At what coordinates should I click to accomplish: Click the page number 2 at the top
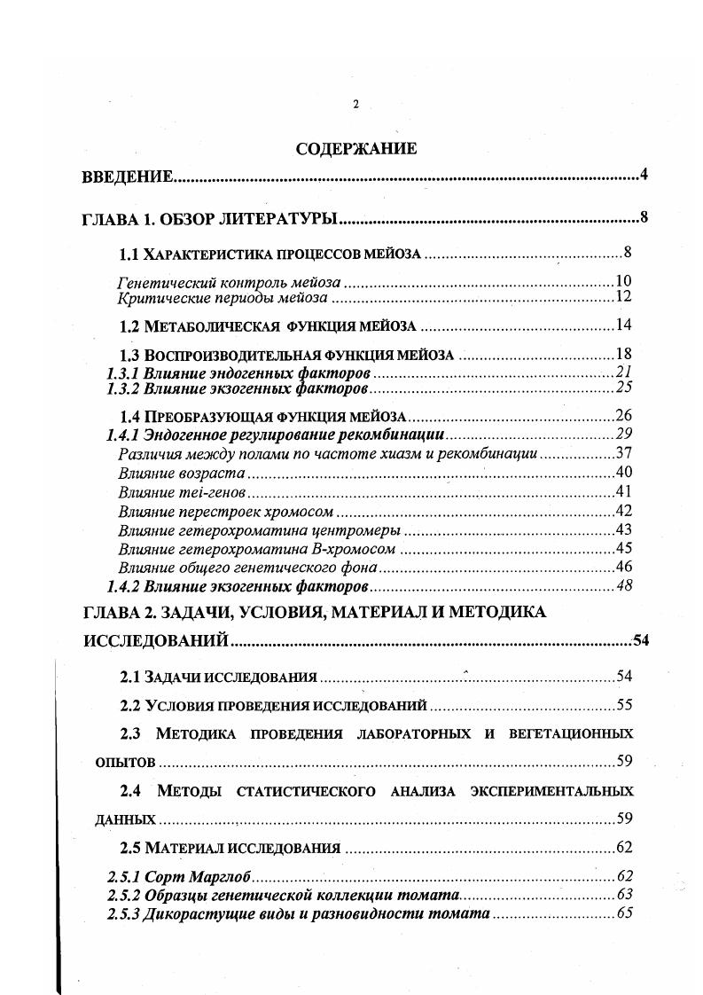click(355, 105)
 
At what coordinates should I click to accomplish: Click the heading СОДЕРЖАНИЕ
click(356, 149)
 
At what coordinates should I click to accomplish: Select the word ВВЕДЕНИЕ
click(126, 177)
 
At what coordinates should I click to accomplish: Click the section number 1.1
click(130, 255)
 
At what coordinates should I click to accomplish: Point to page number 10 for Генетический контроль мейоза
click(623, 282)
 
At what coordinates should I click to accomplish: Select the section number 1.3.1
click(124, 372)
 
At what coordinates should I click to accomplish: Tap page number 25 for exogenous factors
click(623, 388)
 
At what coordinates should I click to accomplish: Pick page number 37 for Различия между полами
click(623, 453)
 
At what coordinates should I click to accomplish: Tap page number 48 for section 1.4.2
click(623, 586)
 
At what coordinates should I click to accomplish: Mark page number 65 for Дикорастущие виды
click(623, 913)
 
